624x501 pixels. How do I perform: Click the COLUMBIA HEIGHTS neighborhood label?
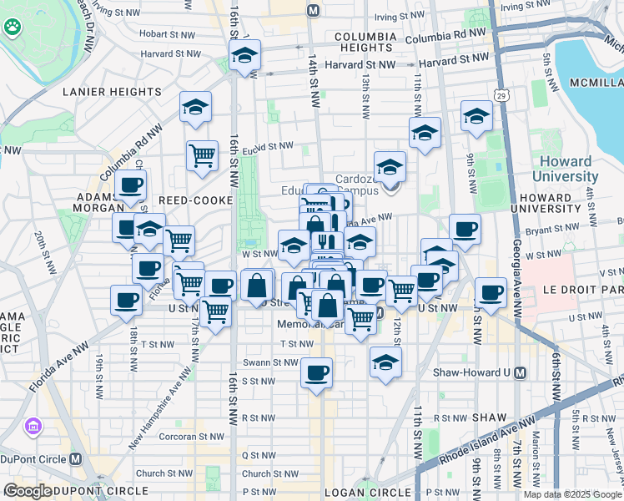364,43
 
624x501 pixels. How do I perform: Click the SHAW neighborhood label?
488,417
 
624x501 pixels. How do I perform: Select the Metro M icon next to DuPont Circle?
76,458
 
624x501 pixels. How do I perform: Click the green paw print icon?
13,29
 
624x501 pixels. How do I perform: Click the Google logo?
28,491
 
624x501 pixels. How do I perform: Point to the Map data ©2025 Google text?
572,494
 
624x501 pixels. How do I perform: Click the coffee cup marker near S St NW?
316,372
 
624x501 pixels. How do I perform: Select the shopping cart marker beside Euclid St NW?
202,155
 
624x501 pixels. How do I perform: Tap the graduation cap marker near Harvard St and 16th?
244,56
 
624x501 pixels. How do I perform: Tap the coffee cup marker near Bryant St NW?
465,229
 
